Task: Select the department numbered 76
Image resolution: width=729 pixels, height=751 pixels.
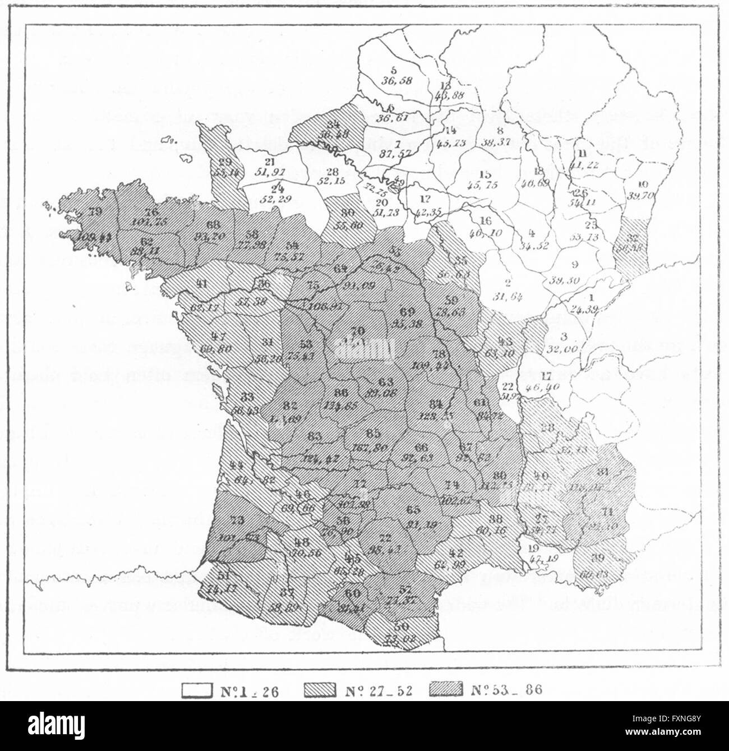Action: [x=151, y=212]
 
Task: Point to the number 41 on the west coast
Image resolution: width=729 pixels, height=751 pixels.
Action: [x=202, y=284]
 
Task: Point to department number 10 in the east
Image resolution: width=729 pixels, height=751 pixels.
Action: [x=643, y=184]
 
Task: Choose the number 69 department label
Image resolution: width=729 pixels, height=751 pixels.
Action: [x=408, y=312]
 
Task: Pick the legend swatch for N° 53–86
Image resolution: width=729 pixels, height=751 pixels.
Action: [x=446, y=690]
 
